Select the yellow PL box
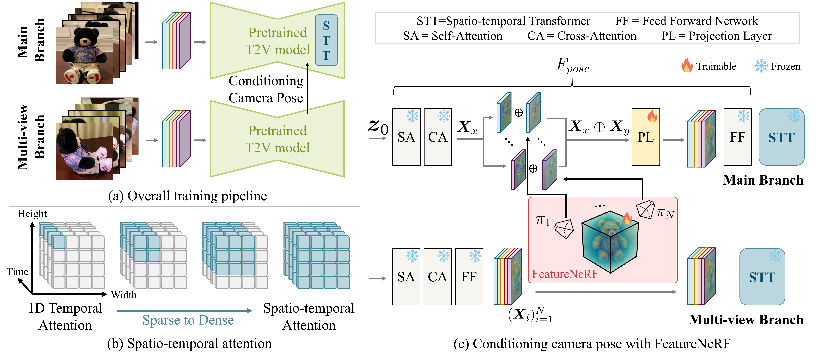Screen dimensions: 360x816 pyautogui.click(x=646, y=137)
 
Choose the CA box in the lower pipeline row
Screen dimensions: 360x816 pyautogui.click(x=437, y=277)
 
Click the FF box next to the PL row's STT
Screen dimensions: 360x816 pyautogui.click(x=737, y=137)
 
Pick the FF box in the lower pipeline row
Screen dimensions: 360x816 pyautogui.click(x=469, y=277)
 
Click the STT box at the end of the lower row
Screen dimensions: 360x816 pyautogui.click(x=762, y=277)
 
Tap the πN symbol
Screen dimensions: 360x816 pyautogui.click(x=665, y=213)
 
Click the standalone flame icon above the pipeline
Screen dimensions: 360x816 pyautogui.click(x=687, y=65)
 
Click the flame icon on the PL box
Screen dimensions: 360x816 pyautogui.click(x=652, y=116)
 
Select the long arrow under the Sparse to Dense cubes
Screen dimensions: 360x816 pyautogui.click(x=185, y=311)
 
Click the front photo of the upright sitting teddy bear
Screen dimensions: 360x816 pyautogui.click(x=84, y=55)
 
